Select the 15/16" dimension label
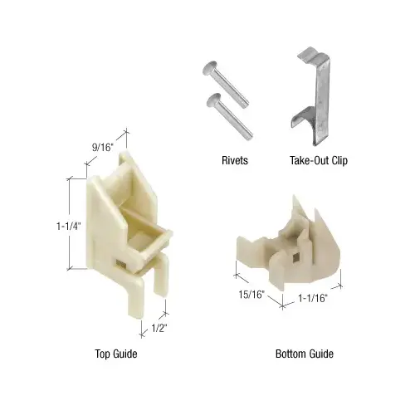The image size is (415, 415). click(251, 294)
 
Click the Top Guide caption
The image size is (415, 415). click(115, 354)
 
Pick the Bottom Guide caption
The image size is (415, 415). click(305, 354)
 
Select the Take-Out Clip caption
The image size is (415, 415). click(317, 161)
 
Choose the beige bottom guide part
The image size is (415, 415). click(290, 245)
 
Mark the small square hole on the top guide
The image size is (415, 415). click(122, 264)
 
